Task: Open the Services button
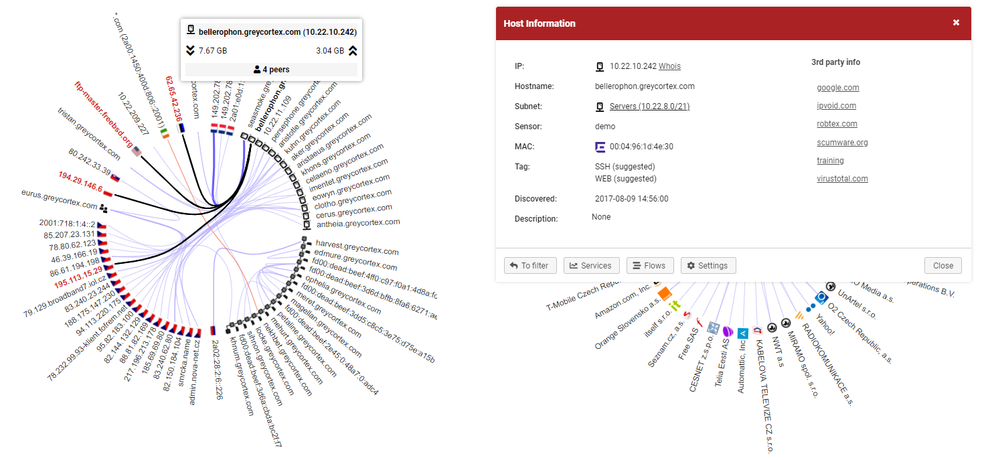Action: click(591, 266)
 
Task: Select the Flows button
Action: click(649, 266)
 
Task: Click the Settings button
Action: click(708, 266)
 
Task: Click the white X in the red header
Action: click(956, 23)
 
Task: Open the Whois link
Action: click(669, 66)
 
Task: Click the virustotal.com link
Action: click(842, 179)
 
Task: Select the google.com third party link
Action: click(837, 88)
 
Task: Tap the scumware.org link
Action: click(842, 143)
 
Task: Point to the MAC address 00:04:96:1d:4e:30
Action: click(641, 147)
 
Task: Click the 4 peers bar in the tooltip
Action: click(271, 70)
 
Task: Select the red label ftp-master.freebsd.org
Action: click(103, 115)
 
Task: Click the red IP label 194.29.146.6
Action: click(80, 181)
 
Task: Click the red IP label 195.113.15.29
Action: click(78, 280)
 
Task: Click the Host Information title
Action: click(539, 23)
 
